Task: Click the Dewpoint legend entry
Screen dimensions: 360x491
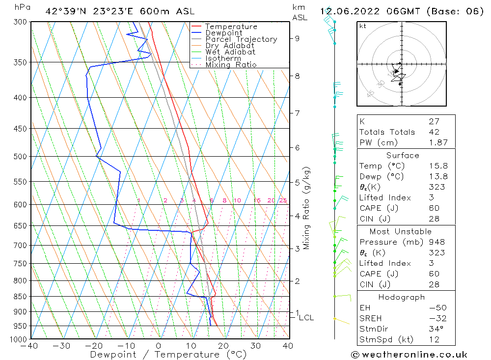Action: click(x=223, y=33)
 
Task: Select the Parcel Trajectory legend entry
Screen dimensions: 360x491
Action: click(x=241, y=39)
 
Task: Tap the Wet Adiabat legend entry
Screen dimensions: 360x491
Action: click(x=230, y=52)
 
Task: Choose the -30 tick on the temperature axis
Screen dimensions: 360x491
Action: click(x=62, y=345)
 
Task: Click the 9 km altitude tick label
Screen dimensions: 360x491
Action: click(x=298, y=38)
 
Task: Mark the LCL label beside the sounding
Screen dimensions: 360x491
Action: click(x=306, y=318)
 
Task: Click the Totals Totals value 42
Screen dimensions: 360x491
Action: click(x=434, y=132)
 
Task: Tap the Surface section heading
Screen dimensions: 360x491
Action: click(x=403, y=156)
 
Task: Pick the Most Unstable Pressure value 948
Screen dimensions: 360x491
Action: click(x=436, y=242)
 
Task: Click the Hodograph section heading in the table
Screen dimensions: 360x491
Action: click(x=402, y=297)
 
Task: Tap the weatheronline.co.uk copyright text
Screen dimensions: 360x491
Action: click(x=409, y=355)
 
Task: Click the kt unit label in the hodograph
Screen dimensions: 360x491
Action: click(x=362, y=26)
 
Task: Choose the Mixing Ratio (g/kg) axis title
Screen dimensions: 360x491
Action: click(x=307, y=208)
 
